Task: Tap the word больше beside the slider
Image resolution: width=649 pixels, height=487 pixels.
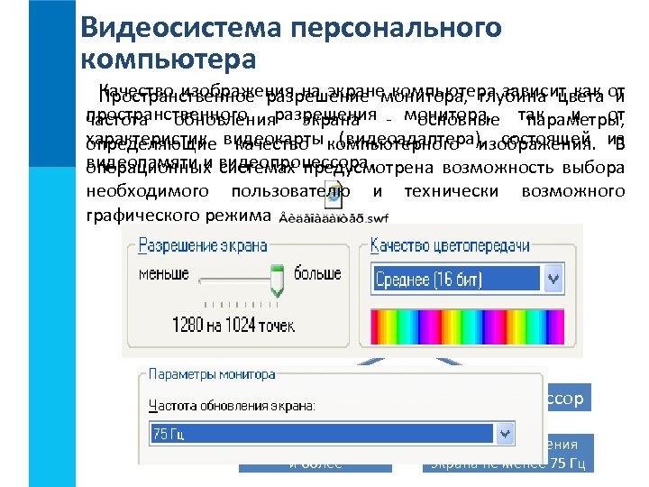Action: click(x=317, y=271)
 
